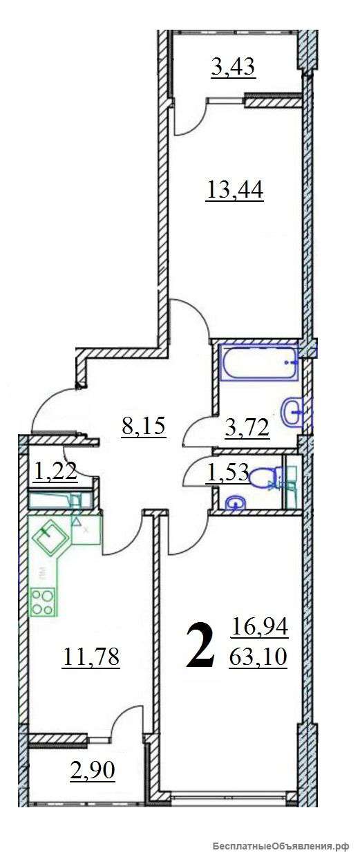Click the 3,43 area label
point(233,68)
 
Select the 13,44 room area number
point(235,189)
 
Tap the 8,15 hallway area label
point(144,426)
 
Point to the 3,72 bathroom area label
point(247,427)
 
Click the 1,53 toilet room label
point(227,472)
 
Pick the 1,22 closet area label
point(56,470)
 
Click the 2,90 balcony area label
point(93,770)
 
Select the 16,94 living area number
point(259,627)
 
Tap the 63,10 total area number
point(258,657)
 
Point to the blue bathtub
point(260,362)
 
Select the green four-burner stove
point(43,601)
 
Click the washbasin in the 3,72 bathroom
point(293,411)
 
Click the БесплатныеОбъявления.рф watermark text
point(281,843)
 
